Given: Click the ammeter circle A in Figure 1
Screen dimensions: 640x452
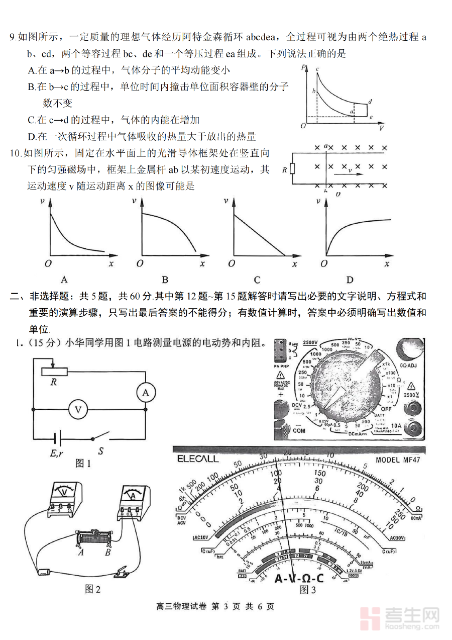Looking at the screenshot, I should point(146,392).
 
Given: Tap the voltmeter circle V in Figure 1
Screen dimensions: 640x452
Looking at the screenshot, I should point(78,410).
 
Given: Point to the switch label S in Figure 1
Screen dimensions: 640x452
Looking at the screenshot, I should point(100,451).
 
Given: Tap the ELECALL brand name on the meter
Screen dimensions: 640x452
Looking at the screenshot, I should point(198,459).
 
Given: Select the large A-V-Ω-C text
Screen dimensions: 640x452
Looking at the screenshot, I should point(299,578).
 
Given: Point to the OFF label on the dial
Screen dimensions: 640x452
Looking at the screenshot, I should point(385,409).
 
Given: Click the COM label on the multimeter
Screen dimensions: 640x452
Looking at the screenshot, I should point(284,431).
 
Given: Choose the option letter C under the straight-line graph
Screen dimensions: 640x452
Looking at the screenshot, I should point(257,280).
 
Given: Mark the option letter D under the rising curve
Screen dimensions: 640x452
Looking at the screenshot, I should point(350,280).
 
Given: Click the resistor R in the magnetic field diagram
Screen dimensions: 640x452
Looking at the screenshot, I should point(293,170).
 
